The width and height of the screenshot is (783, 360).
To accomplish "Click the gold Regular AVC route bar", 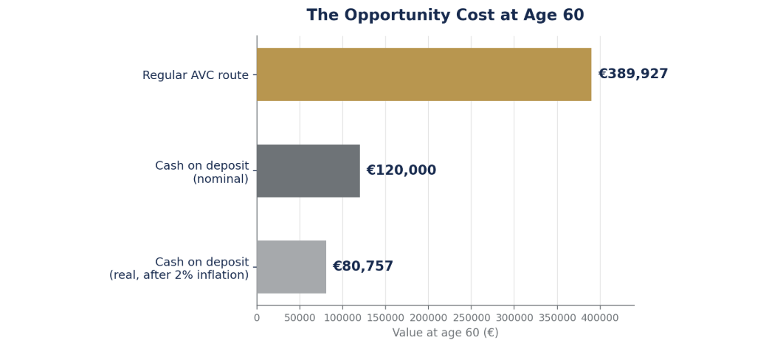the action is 424,75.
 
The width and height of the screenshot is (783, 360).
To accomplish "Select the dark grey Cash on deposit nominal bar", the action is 308,170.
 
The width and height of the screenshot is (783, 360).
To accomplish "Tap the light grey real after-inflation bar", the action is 291,267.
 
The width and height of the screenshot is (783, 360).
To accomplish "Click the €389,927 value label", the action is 632,75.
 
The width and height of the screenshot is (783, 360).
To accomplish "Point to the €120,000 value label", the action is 401,170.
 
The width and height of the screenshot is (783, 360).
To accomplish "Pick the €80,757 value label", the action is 362,266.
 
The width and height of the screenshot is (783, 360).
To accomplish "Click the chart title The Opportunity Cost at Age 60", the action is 445,15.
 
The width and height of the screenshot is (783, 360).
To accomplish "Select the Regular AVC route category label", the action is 196,75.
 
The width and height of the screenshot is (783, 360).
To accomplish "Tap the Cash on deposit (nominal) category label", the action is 201,173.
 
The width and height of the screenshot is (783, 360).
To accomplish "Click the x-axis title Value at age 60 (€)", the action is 446,333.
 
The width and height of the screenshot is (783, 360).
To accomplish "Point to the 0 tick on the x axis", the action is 257,318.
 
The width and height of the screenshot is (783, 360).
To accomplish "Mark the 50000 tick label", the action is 300,318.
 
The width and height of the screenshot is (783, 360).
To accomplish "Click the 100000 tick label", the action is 342,318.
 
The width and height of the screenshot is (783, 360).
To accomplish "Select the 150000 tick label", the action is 385,318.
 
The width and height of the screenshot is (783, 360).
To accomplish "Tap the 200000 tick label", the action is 429,318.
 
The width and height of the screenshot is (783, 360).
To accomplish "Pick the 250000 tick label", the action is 472,318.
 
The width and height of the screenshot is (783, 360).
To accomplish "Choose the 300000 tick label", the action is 514,318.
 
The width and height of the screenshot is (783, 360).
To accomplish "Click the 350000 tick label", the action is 557,318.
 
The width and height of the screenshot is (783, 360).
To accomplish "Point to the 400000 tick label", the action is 600,318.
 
